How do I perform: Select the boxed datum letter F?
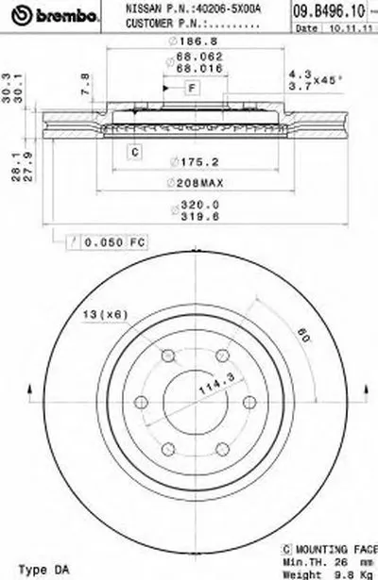190,88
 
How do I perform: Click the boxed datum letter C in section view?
135,150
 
